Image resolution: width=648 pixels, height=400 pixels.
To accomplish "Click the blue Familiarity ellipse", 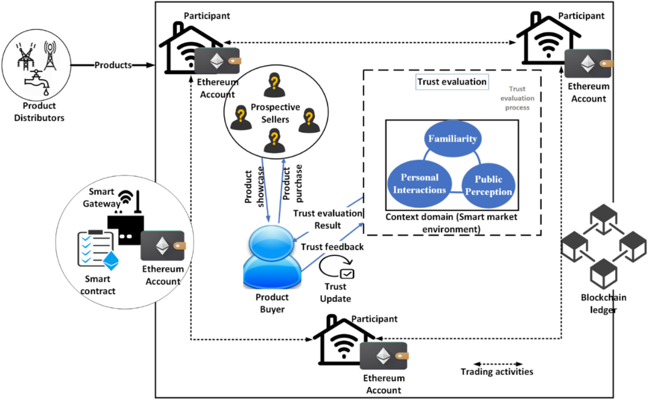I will click(453, 139).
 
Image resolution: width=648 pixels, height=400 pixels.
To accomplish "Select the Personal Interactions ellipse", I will click(420, 184).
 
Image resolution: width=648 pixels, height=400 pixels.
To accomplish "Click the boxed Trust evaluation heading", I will click(452, 82).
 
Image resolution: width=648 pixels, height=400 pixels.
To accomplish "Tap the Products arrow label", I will click(113, 65).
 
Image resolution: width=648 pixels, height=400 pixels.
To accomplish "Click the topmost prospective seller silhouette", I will click(272, 85).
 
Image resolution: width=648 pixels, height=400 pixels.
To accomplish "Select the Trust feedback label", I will click(332, 247).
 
